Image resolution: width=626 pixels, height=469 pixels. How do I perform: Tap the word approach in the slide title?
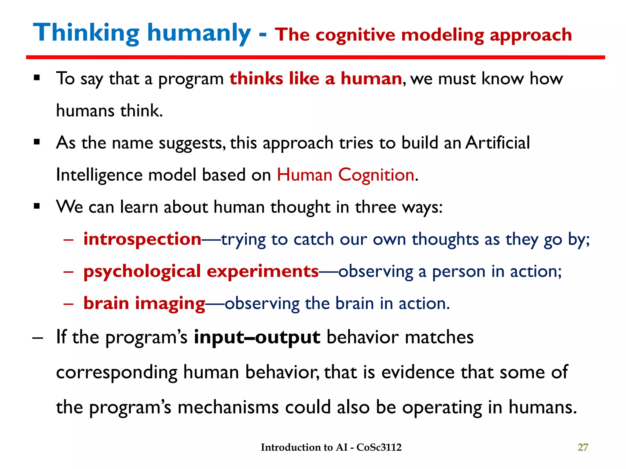531,35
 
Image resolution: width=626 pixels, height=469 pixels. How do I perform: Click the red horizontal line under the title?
315,57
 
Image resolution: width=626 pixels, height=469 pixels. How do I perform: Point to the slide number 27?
583,447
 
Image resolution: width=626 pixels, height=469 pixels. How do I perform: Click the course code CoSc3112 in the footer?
379,447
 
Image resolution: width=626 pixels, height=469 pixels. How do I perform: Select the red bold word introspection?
142,239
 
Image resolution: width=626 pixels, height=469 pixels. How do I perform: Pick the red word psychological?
142,271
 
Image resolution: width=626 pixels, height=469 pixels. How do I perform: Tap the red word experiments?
263,271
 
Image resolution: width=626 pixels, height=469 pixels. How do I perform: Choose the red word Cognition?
376,175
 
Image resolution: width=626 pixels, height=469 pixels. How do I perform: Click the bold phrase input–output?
257,337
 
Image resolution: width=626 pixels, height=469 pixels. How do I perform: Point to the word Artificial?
498,143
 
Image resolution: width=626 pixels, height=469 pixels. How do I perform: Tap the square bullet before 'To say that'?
37,78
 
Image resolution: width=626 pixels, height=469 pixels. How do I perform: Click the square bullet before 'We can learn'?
37,207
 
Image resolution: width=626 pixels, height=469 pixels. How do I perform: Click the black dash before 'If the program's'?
37,338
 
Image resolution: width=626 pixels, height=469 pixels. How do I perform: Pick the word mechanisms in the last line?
228,407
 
